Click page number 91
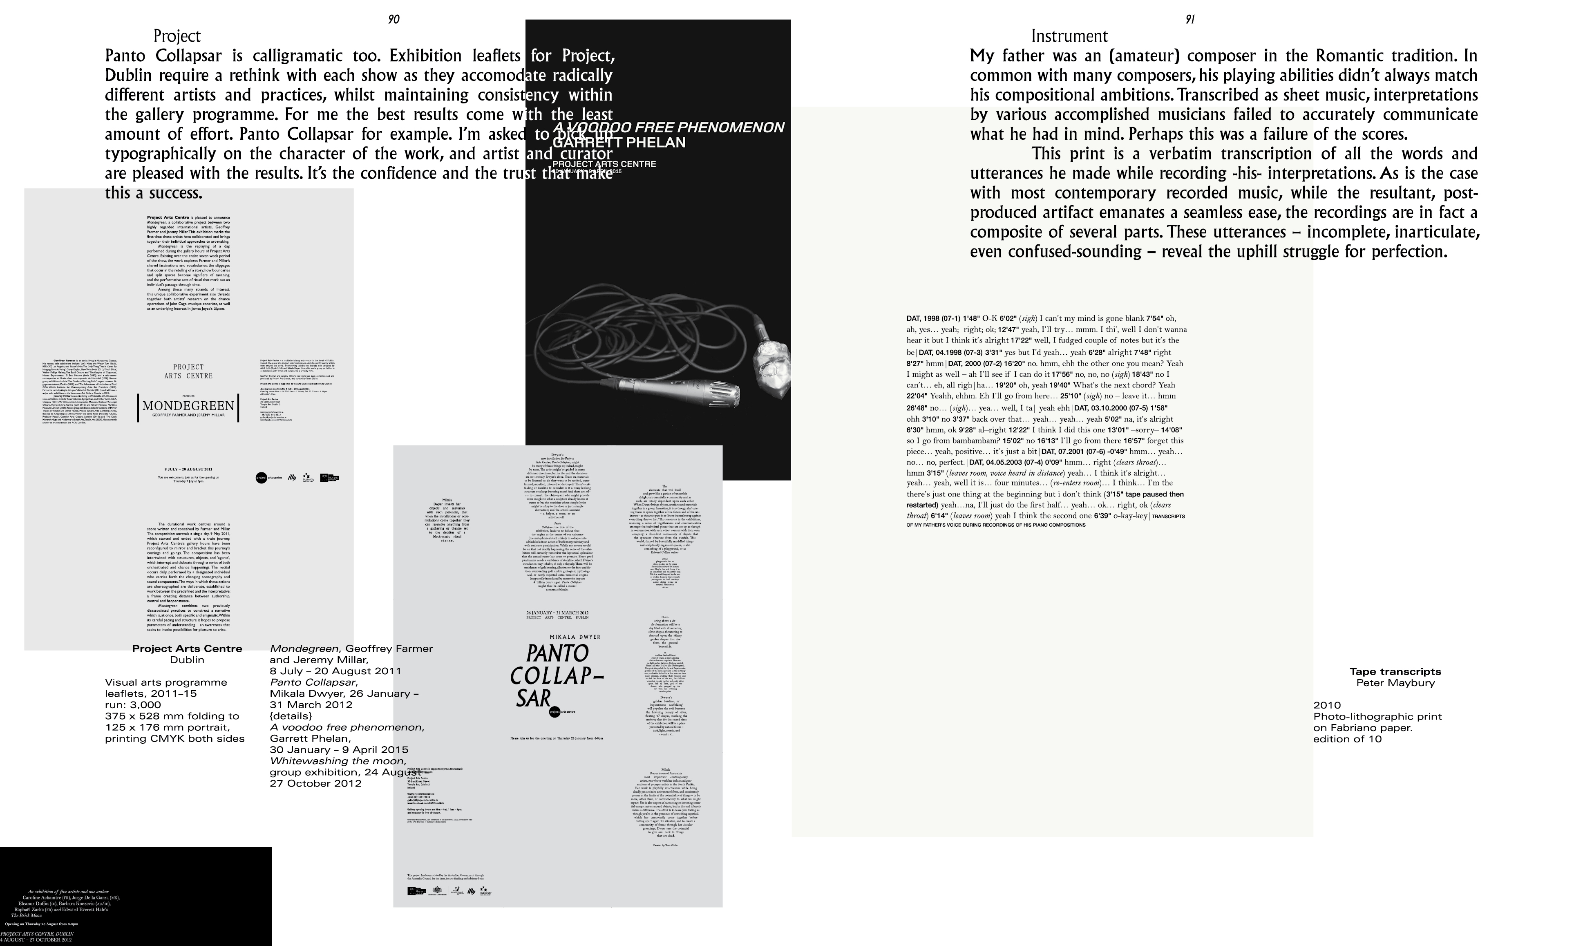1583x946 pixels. coord(1189,20)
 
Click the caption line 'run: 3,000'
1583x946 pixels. coord(133,704)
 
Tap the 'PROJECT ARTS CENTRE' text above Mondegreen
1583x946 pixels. coord(189,371)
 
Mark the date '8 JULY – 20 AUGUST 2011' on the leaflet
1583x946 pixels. coord(189,469)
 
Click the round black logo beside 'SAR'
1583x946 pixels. coord(554,712)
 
